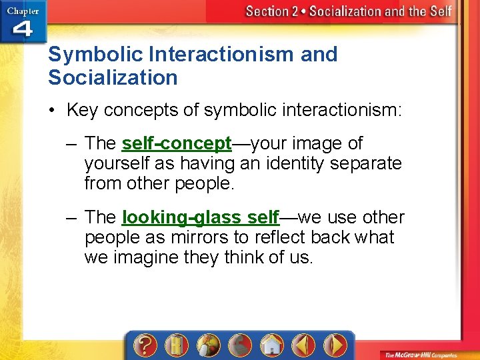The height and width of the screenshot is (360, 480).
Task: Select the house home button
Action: click(x=271, y=345)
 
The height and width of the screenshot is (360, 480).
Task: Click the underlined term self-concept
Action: click(x=177, y=143)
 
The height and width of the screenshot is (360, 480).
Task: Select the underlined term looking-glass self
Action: click(x=201, y=217)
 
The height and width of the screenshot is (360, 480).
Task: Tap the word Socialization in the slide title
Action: click(x=113, y=77)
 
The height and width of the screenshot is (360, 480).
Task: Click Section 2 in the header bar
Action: click(x=272, y=11)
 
